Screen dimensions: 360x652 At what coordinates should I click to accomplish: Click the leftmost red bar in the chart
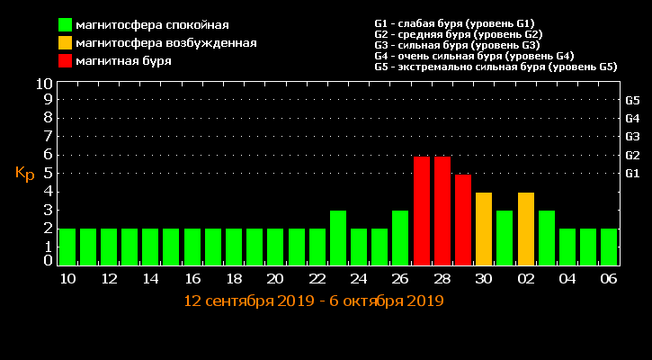point(421,211)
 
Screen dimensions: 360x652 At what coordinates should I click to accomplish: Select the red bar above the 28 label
point(442,211)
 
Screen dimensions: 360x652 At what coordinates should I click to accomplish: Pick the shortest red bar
point(462,220)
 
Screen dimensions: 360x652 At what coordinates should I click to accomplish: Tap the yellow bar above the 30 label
point(484,229)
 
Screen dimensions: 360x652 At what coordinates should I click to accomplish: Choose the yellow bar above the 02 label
point(525,229)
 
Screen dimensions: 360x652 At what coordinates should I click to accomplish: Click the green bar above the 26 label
point(400,238)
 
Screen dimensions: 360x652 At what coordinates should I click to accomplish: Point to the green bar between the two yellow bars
point(505,238)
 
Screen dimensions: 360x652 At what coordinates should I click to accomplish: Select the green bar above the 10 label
point(67,247)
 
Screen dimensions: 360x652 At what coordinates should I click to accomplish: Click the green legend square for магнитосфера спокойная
point(66,25)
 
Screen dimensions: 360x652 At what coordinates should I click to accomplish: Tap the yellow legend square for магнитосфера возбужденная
point(66,43)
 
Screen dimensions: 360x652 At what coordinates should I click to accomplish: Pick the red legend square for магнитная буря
point(66,61)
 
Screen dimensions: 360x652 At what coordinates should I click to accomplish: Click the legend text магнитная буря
point(124,61)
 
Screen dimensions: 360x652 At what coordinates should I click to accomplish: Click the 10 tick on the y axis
point(43,84)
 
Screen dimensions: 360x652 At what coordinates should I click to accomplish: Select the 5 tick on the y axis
point(48,173)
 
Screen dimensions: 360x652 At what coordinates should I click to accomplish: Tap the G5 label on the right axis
point(632,100)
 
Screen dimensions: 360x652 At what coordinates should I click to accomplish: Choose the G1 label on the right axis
point(632,173)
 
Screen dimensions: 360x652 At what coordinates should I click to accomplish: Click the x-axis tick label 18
point(234,279)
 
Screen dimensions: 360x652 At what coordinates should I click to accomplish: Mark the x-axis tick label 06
point(609,279)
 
